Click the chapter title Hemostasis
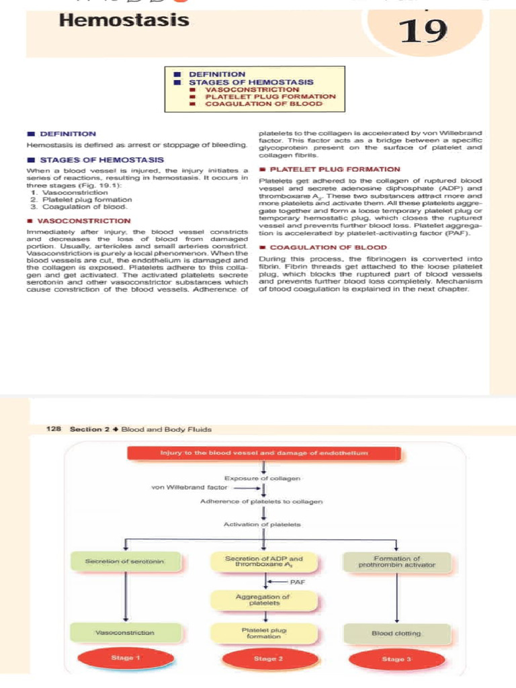124,20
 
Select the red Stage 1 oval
125,658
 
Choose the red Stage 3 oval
396,658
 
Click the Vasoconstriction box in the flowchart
125,632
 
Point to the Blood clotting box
396,632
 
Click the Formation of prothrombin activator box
396,561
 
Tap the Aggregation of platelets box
264,599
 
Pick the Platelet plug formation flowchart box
264,632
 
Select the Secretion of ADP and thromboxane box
264,561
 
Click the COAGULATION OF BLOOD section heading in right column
328,247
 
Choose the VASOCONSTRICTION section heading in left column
84,220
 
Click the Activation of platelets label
263,523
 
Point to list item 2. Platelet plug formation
81,200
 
